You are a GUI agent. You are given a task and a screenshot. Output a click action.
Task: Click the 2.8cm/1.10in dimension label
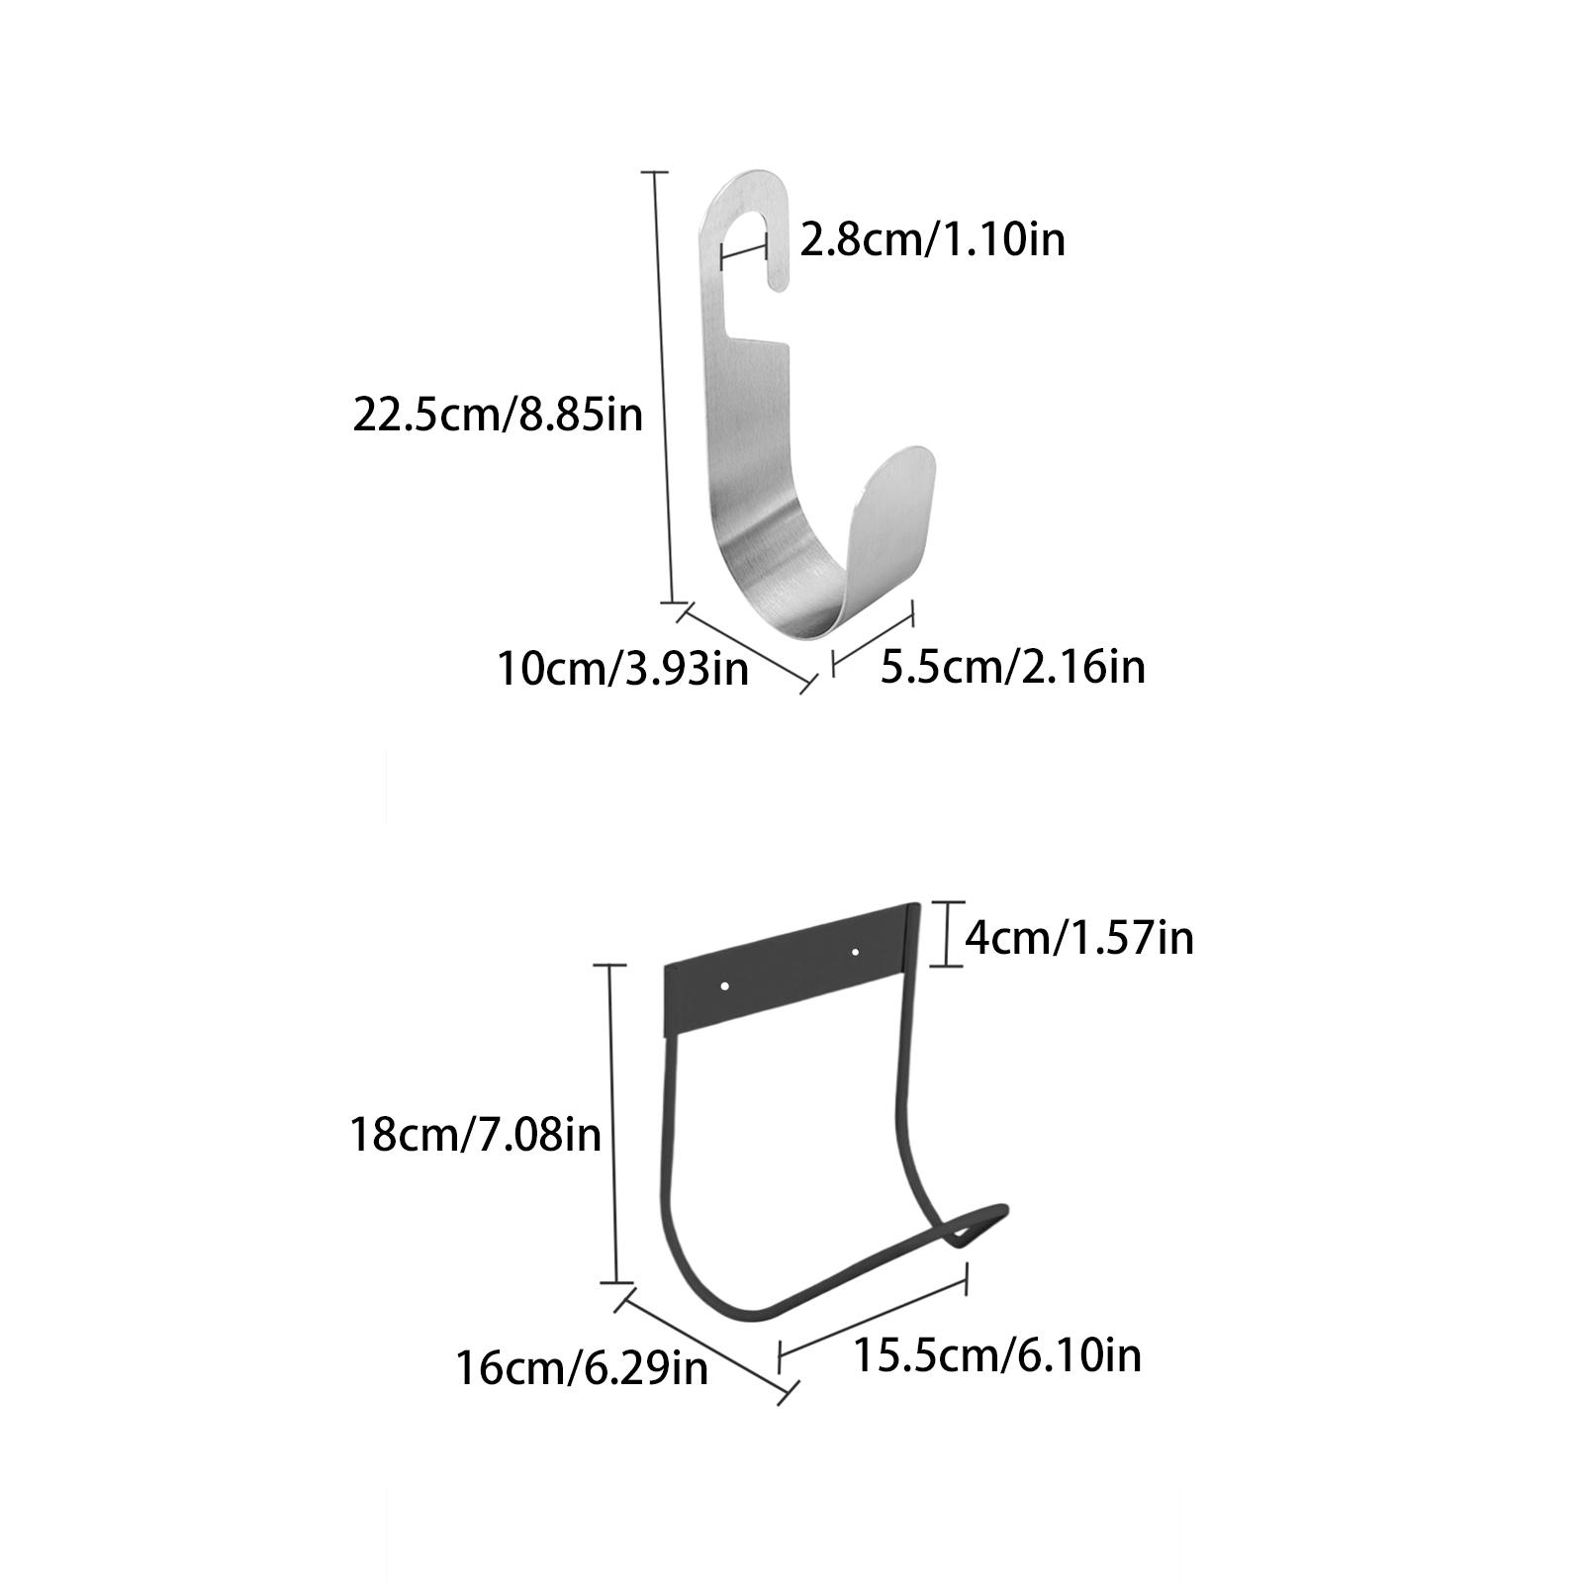click(932, 240)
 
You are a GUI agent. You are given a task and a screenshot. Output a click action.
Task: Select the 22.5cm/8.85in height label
click(498, 415)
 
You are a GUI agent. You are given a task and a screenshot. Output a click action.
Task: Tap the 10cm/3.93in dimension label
click(622, 670)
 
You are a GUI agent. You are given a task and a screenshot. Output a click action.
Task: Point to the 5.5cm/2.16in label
click(1013, 667)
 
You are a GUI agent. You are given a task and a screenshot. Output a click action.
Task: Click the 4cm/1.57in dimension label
click(1079, 937)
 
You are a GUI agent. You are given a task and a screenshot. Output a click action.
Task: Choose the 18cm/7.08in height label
click(476, 1134)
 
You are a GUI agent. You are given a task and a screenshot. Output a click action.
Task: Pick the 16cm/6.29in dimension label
click(582, 1370)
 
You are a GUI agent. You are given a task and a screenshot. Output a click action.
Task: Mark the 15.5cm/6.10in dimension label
click(997, 1354)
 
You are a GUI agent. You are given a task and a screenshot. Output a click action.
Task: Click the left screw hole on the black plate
click(725, 985)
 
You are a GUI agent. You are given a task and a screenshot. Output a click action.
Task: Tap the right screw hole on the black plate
click(856, 953)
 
